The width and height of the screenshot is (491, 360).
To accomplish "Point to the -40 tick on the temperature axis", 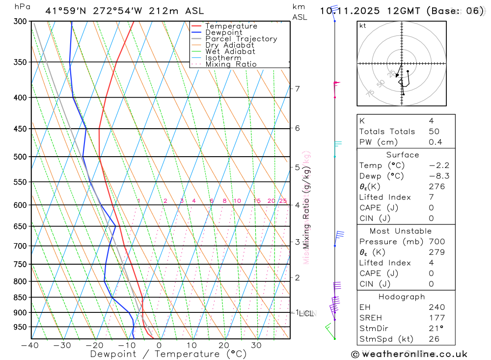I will pyautogui.click(x=30, y=345).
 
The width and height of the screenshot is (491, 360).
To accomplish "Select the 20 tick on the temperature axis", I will pyautogui.click(x=224, y=345).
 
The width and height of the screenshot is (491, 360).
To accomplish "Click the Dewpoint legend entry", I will pyautogui.click(x=224, y=32).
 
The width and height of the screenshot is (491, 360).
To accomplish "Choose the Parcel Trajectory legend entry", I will pyautogui.click(x=241, y=39).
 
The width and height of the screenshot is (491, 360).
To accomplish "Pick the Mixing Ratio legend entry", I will pyautogui.click(x=231, y=64).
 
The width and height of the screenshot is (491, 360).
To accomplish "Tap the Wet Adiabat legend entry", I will pyautogui.click(x=230, y=52).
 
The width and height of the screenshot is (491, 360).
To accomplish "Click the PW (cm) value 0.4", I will pyautogui.click(x=436, y=142).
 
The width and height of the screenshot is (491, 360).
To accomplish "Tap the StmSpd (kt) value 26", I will pyautogui.click(x=434, y=339).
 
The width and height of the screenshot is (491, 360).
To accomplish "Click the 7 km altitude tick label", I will pyautogui.click(x=297, y=89).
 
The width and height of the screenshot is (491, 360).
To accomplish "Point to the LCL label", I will pyautogui.click(x=306, y=313).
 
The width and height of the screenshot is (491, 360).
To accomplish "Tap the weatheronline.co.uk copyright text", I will pyautogui.click(x=409, y=354).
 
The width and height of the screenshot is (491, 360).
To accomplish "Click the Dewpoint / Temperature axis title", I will pyautogui.click(x=168, y=354).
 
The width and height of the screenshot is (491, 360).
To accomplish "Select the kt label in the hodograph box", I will pyautogui.click(x=363, y=26).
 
